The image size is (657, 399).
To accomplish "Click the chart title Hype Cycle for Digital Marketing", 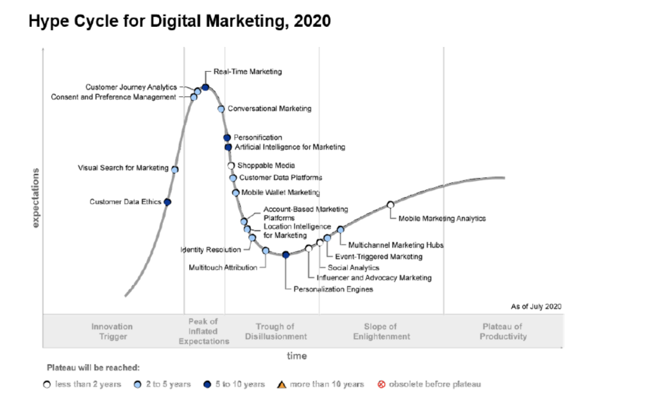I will (x=180, y=21).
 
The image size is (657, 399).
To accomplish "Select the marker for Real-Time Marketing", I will (x=205, y=87).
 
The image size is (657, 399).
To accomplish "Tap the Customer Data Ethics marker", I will (x=167, y=202).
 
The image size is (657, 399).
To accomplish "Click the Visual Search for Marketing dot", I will (x=175, y=169).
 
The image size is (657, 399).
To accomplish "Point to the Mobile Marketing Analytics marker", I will (x=390, y=205).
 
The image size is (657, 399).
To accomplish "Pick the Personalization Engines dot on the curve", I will (x=286, y=255).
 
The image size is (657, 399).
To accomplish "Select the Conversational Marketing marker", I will (x=221, y=109).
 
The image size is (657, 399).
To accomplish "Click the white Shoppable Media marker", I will (x=232, y=166).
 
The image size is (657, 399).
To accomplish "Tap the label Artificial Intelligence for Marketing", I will (x=289, y=148).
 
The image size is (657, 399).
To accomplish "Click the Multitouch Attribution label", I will (x=223, y=267).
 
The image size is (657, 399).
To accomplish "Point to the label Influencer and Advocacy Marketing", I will (x=374, y=278).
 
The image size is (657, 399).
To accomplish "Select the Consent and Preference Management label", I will (x=114, y=98).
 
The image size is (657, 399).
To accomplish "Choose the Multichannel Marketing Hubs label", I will (x=395, y=245).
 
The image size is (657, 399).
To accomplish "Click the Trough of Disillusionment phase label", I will (x=275, y=332).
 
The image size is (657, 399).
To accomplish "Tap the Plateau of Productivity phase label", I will (x=503, y=332).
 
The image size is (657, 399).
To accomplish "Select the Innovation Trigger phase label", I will (x=112, y=332).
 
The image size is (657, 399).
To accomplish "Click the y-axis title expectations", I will (x=36, y=197).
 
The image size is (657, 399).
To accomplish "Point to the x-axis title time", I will (x=296, y=356).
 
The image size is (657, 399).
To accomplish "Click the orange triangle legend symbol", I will (x=280, y=384).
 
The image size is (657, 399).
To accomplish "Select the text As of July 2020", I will (x=536, y=307).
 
